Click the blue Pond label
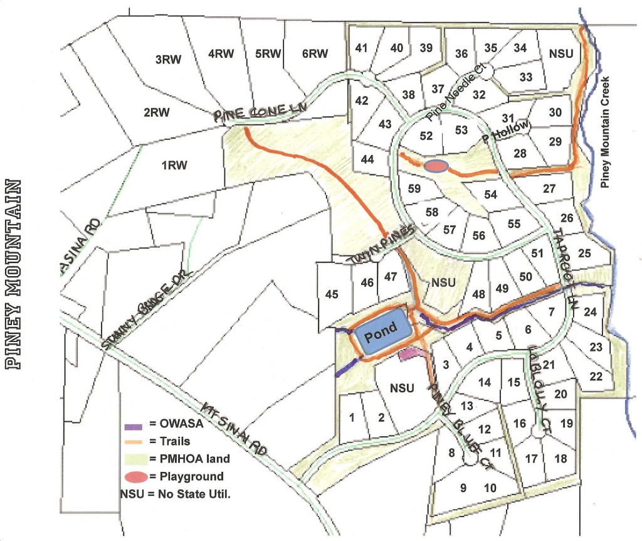click(x=382, y=328)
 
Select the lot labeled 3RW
click(x=168, y=60)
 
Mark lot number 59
click(x=414, y=188)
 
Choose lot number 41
click(x=361, y=48)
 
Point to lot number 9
click(x=463, y=487)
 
